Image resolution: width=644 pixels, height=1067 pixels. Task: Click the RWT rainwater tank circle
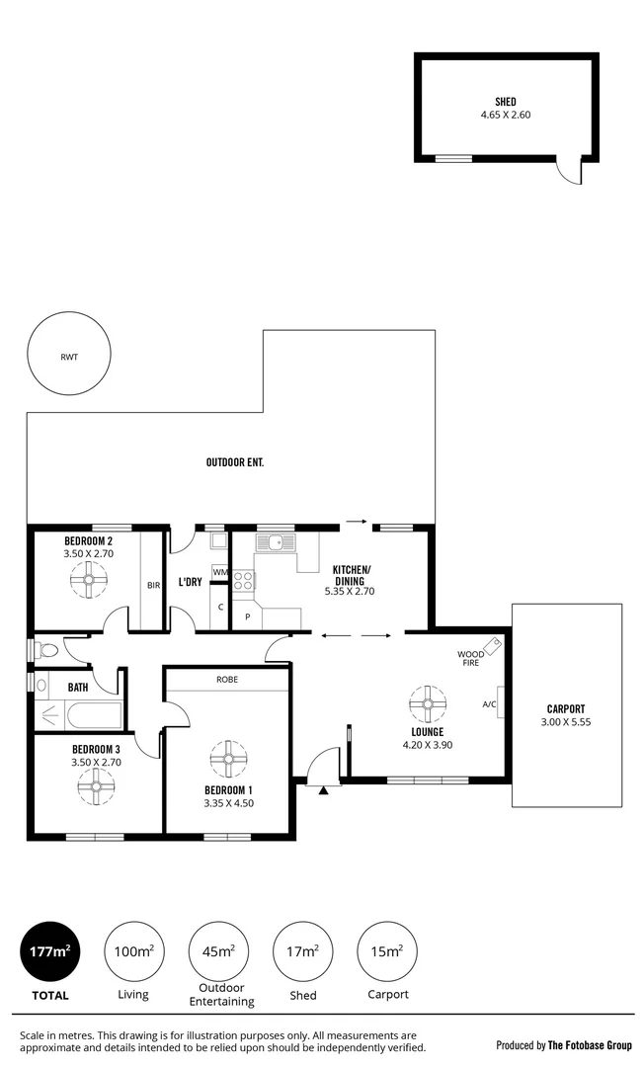[x=69, y=357]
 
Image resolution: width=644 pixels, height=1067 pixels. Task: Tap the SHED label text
[x=505, y=102]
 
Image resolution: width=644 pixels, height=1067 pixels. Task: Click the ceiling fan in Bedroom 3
[x=96, y=787]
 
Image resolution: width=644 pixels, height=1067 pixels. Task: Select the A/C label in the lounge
[x=488, y=704]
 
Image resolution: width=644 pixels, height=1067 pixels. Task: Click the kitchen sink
[x=272, y=541]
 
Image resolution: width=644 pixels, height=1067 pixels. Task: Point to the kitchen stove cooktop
[x=242, y=580]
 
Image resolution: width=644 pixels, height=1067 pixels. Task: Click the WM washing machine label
[x=219, y=572]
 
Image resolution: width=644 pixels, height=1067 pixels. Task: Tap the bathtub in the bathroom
[x=79, y=714]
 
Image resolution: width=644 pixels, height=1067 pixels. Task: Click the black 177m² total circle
[x=48, y=951]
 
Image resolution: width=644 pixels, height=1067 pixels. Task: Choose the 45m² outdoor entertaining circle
[x=217, y=951]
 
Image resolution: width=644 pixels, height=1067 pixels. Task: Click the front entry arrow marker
[x=324, y=789]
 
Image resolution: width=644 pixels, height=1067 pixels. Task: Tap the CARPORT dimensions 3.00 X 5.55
[x=566, y=722]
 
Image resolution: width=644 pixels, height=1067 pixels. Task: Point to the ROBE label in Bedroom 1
[x=227, y=680]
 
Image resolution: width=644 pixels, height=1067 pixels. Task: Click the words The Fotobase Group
[x=591, y=1044]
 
